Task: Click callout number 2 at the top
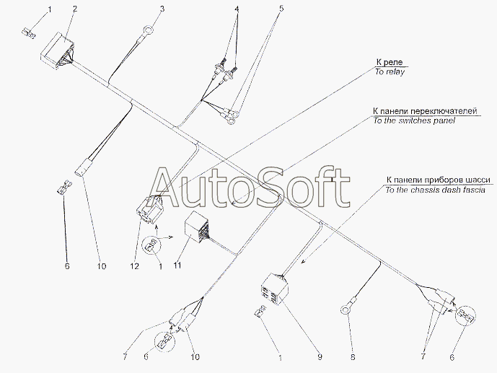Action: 74,9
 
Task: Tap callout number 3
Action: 162,9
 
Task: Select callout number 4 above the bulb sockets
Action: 237,9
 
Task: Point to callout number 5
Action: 281,9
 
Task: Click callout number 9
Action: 320,357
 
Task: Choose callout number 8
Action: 353,357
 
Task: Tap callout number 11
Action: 177,265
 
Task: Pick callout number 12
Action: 134,266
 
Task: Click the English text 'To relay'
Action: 390,72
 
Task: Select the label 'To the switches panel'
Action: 414,120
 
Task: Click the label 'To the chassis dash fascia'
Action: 435,190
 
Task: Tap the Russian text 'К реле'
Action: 390,62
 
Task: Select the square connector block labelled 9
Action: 274,289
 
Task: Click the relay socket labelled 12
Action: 149,209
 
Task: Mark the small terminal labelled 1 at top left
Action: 29,32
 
